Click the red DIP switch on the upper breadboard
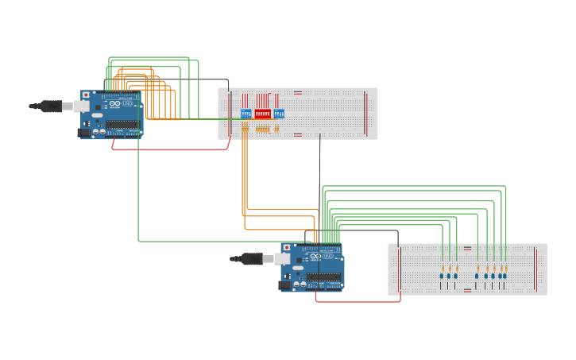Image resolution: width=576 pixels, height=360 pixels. point(262,114)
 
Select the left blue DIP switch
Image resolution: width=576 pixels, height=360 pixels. point(245,114)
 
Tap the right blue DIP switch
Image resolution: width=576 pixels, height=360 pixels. point(279,114)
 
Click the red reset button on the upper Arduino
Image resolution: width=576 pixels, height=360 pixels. point(86,95)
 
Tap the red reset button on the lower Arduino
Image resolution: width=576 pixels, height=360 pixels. point(286,247)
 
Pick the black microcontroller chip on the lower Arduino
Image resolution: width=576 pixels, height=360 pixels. point(323,277)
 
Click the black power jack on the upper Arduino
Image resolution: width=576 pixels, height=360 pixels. point(83,133)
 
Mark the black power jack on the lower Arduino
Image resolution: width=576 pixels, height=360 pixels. point(284,285)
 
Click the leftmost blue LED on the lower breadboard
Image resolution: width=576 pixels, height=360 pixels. point(442,277)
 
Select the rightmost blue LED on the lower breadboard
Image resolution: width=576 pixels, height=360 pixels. point(504,277)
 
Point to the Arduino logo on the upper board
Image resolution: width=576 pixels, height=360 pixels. point(114,103)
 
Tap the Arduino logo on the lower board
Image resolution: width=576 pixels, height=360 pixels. point(315,256)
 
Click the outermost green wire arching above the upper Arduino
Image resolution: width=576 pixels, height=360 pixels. point(151,57)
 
